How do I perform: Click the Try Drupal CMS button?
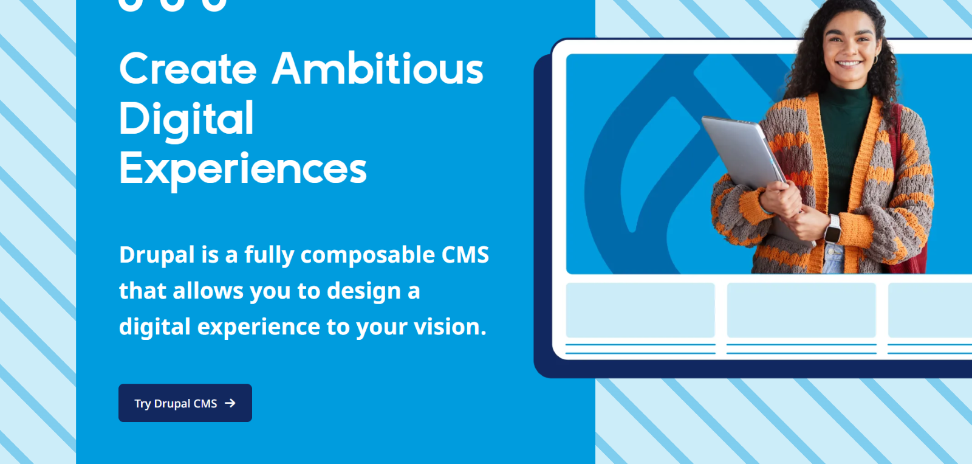point(185,403)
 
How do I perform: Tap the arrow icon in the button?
point(230,403)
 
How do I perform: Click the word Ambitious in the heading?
point(377,68)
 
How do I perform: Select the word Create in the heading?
point(188,68)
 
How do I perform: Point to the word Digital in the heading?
point(186,119)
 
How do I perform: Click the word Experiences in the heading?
point(242,168)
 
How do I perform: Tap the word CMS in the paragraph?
point(465,255)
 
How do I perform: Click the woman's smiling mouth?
point(849,63)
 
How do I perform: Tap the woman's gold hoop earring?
point(875,60)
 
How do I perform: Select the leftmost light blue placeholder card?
point(640,310)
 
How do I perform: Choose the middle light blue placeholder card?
point(801,310)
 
